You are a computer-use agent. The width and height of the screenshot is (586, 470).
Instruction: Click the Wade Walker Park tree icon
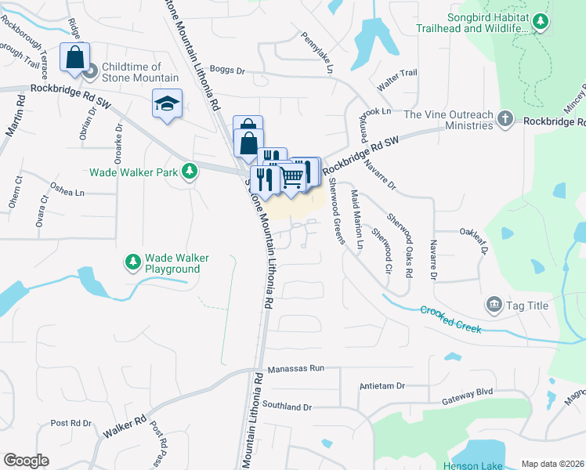pos(189,171)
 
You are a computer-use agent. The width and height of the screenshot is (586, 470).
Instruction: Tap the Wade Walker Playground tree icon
pos(133,260)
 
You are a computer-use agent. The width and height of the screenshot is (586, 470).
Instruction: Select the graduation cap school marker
pos(167,103)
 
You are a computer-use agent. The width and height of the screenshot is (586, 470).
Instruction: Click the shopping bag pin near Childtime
pos(74,58)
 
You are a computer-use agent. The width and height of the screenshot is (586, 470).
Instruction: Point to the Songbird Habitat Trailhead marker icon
pos(540,23)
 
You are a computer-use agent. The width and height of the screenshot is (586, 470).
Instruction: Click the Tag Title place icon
pos(494,305)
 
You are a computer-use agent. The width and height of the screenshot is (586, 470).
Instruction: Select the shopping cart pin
pos(291,176)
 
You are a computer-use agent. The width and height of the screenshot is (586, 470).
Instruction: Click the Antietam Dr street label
pos(382,386)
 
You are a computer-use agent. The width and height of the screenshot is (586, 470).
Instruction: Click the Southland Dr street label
pos(287,407)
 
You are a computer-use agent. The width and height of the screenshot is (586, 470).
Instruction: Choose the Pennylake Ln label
pos(318,51)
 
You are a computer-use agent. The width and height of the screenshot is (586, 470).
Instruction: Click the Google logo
pos(26,461)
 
